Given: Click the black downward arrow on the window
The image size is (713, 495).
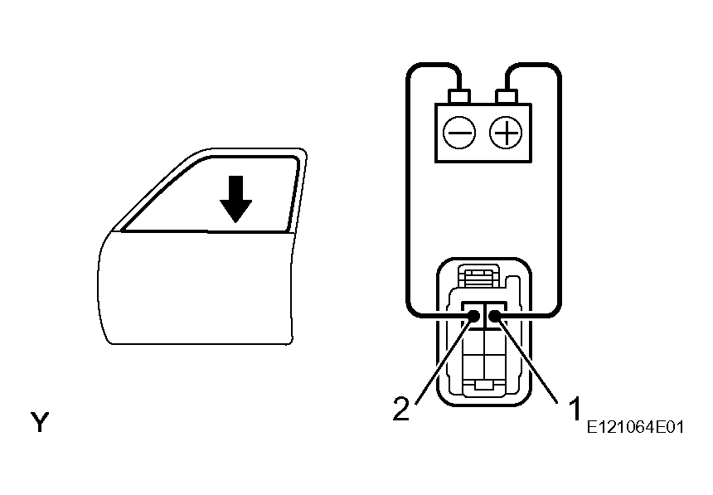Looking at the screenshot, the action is pos(235,199).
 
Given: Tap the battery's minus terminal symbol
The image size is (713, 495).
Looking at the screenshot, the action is pos(459,133).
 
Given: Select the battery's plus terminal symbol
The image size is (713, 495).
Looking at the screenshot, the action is pos(506,133).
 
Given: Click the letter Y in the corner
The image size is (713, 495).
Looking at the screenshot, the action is pos(40,422).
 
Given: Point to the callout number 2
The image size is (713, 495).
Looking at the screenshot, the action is pos(401,408).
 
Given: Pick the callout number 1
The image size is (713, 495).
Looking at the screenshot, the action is pos(575,408).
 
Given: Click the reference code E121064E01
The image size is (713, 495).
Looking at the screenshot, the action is pos(635,427).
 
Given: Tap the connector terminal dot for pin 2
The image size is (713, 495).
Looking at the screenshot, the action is pos(473,316).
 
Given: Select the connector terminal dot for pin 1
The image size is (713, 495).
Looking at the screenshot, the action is pos(495,316).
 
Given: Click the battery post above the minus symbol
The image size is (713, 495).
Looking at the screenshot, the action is pos(458,96).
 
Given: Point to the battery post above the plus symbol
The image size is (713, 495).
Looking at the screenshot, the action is pos(506,96).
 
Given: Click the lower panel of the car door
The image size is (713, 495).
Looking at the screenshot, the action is pos(196,288).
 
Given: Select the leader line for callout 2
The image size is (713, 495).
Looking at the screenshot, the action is pos(444,362).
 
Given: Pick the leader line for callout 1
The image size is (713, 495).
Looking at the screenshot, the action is pos(527,362).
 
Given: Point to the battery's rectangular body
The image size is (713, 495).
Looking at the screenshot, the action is pos(483,133).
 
